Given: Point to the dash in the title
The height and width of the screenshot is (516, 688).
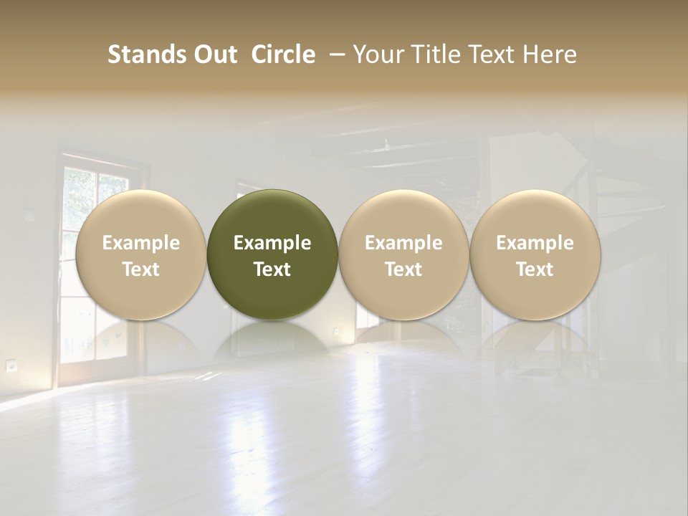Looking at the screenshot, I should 334,54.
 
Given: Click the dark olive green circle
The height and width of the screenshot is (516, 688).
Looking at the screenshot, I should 272,215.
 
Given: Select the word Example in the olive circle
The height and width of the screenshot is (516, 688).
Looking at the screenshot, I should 272,243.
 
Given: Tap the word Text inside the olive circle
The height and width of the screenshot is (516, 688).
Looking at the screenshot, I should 272,269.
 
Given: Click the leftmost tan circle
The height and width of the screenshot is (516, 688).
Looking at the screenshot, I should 141,215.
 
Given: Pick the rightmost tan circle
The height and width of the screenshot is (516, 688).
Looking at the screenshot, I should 535,215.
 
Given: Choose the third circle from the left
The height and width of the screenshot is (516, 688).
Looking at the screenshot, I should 403,215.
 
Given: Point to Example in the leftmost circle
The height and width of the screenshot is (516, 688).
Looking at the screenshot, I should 141,243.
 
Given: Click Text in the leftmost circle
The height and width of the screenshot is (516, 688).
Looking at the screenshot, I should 141,269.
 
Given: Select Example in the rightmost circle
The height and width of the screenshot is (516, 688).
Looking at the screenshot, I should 535,243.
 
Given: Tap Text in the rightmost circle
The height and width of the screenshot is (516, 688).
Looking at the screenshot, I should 535,269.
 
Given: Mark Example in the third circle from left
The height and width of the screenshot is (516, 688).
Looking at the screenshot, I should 403,243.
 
